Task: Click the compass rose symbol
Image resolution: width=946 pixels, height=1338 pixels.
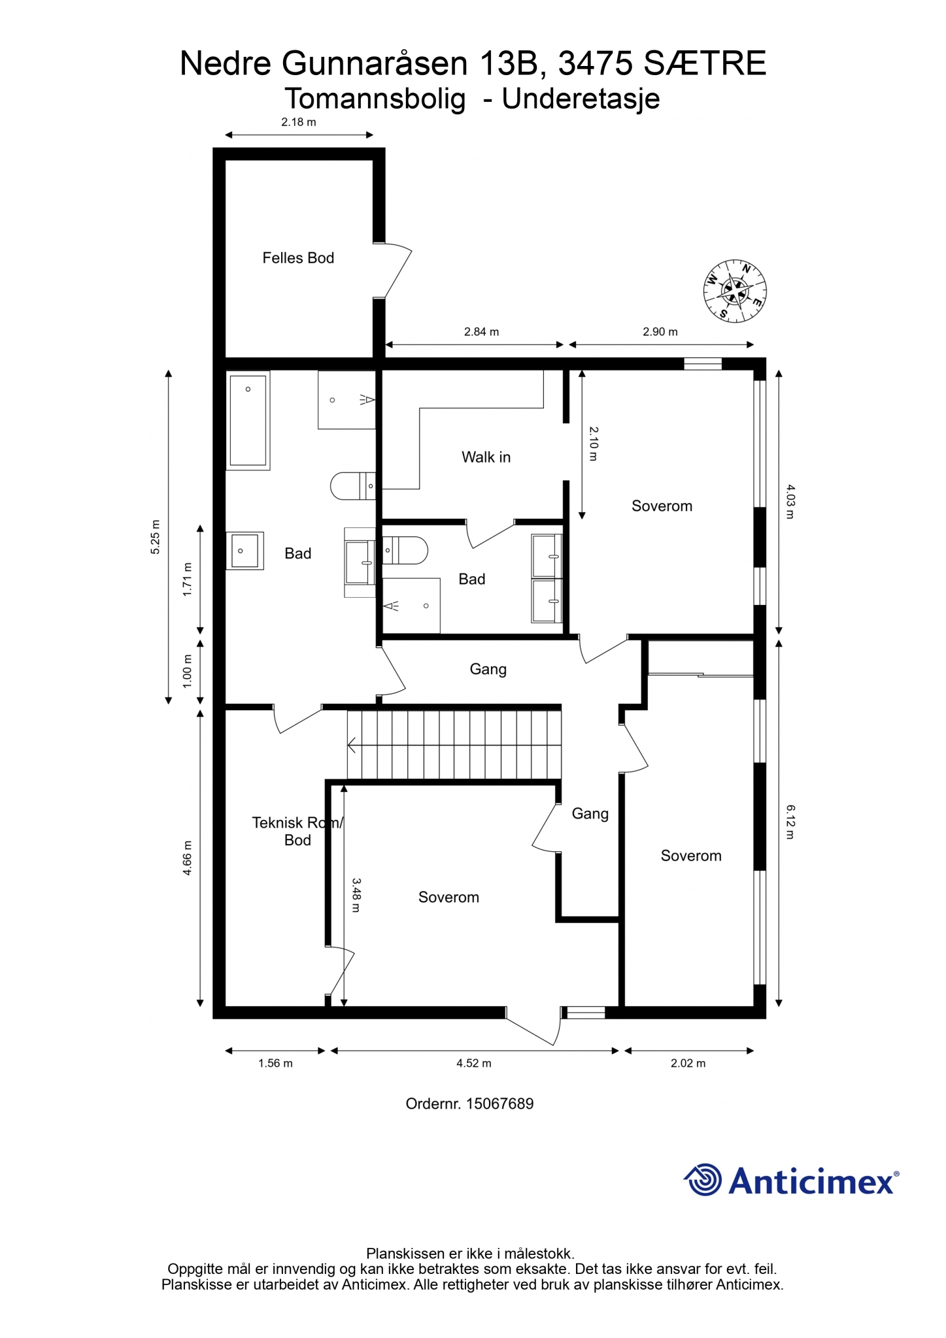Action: coord(735,291)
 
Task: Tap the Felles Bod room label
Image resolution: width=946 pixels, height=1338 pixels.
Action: coord(298,258)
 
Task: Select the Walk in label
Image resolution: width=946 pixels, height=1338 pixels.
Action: coord(486,457)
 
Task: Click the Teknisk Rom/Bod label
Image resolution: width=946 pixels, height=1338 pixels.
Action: coord(297,831)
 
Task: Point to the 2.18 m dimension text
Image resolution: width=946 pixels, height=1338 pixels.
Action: coord(299,122)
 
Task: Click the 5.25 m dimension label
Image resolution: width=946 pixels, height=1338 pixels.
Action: coord(155,537)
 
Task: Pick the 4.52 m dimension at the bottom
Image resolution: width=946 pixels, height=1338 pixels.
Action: coord(474,1063)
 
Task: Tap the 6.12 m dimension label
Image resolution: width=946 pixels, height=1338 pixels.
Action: coord(790,822)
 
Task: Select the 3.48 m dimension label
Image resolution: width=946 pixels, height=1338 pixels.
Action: coord(356,894)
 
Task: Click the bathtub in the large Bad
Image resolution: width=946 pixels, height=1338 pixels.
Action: coord(248,420)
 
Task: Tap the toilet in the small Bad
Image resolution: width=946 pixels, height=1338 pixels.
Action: coord(405,550)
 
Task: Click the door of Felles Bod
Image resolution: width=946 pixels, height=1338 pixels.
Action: coord(394,270)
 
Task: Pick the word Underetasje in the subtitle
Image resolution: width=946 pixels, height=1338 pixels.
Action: coord(581,99)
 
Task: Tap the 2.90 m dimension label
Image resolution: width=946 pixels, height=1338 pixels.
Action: coord(660,332)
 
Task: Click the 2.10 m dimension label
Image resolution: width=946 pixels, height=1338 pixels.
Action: coord(594,444)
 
